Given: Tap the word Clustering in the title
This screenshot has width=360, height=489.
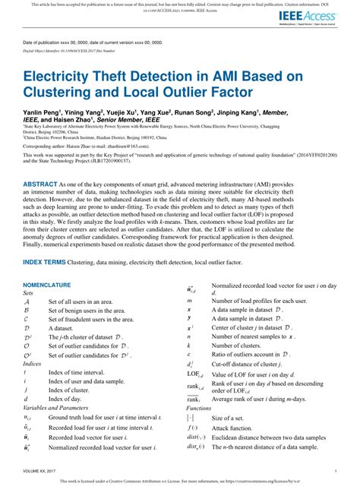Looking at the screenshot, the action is click(62, 96).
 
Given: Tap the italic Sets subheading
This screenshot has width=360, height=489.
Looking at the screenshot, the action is click(29, 292).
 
